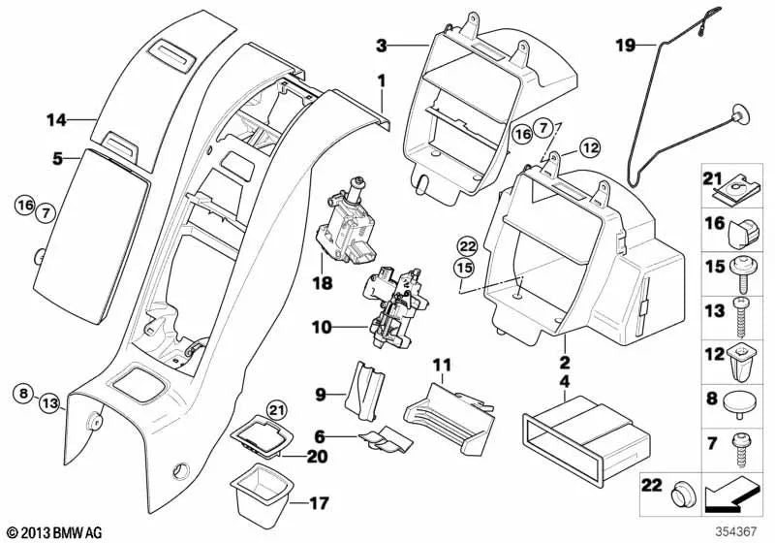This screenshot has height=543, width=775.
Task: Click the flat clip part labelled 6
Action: pos(386,441)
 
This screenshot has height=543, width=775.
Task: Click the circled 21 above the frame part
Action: pos(250,411)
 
